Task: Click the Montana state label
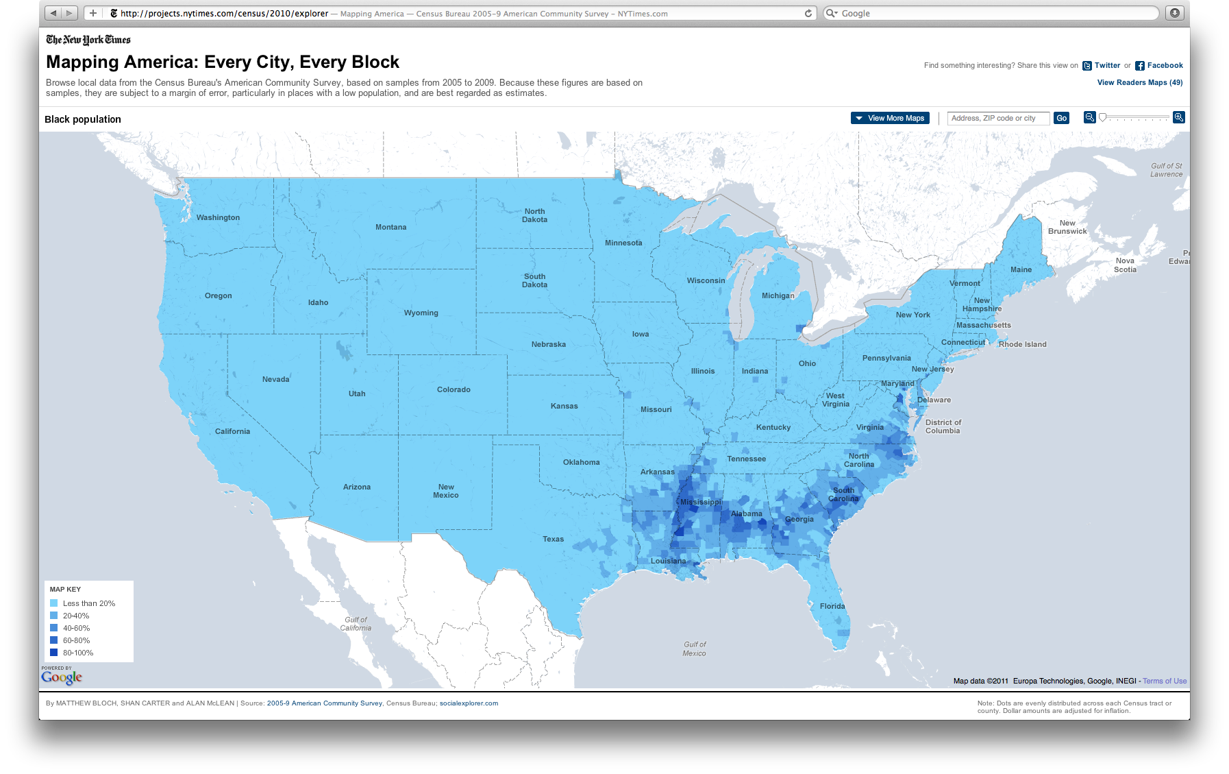pyautogui.click(x=390, y=227)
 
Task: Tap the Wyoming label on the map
pyautogui.click(x=421, y=313)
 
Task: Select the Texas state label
pyautogui.click(x=553, y=539)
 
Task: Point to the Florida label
pyautogui.click(x=832, y=606)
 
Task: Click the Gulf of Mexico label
pyautogui.click(x=695, y=649)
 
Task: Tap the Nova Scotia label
pyautogui.click(x=1125, y=265)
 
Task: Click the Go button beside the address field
pyautogui.click(x=1061, y=118)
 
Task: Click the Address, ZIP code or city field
pyautogui.click(x=998, y=118)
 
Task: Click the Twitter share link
pyautogui.click(x=1107, y=66)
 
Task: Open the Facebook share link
pyautogui.click(x=1165, y=66)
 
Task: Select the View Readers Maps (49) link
pyautogui.click(x=1139, y=82)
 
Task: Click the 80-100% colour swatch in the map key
pyautogui.click(x=54, y=653)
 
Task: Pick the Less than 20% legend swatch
pyautogui.click(x=54, y=603)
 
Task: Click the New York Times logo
pyautogui.click(x=88, y=40)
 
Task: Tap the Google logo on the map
pyautogui.click(x=62, y=677)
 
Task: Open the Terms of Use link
pyautogui.click(x=1165, y=681)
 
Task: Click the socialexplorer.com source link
pyautogui.click(x=469, y=703)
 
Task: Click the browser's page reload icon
pyautogui.click(x=808, y=13)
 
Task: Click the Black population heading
pyautogui.click(x=83, y=119)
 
